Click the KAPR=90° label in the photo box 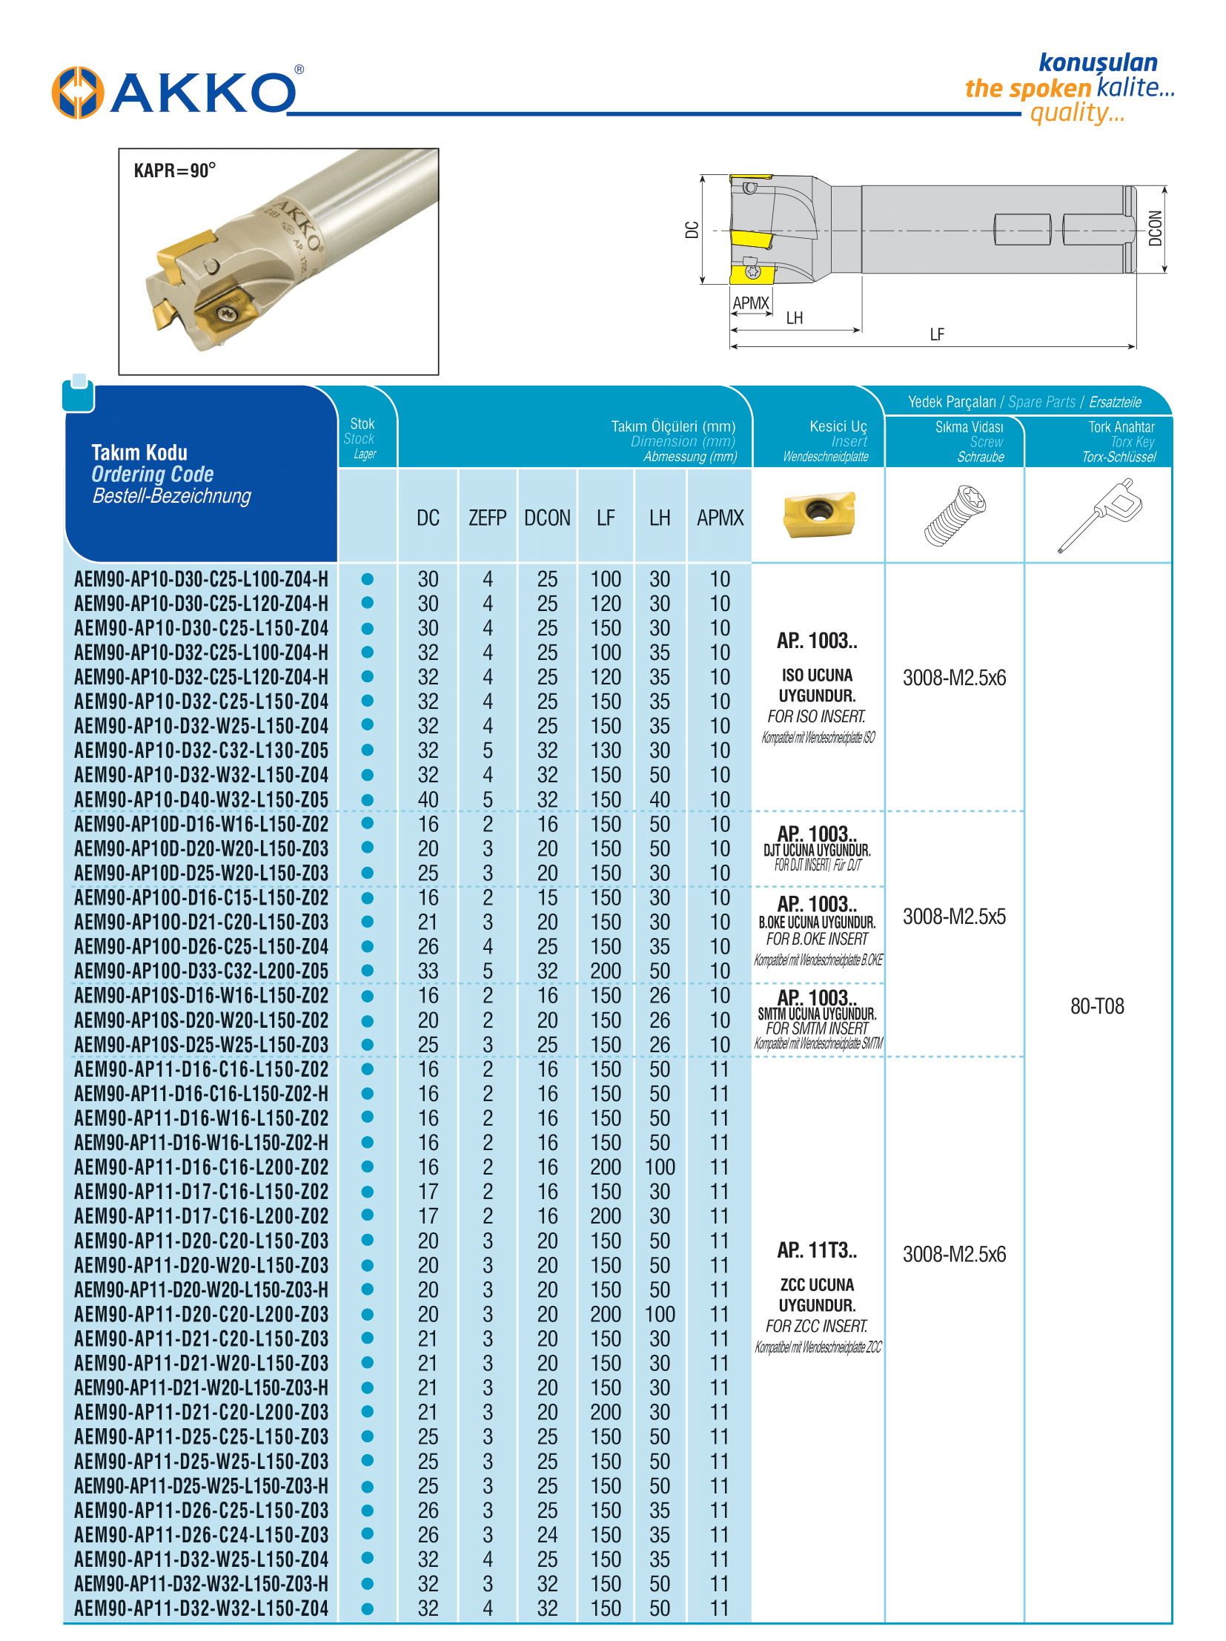point(174,171)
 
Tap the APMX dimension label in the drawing point(750,303)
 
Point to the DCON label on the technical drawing point(1154,228)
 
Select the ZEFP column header point(486,518)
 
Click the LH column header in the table point(659,518)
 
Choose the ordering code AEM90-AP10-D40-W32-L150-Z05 point(201,799)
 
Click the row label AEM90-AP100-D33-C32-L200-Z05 point(201,971)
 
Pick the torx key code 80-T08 point(1096,1006)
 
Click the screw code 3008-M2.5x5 point(954,917)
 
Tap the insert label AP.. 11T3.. point(816,1251)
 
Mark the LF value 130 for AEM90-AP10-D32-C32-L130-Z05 point(605,750)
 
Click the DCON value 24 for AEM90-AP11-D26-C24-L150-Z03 point(546,1535)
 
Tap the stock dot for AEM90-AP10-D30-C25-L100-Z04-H point(367,578)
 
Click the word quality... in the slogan point(1076,113)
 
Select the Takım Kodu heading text point(139,452)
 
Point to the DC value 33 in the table point(428,971)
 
